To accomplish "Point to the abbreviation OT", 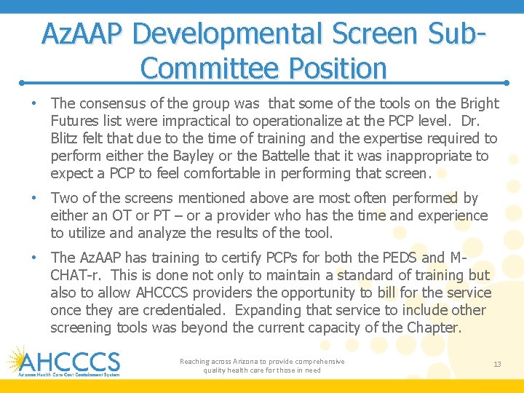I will (x=121, y=215).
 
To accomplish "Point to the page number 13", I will (x=497, y=364).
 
